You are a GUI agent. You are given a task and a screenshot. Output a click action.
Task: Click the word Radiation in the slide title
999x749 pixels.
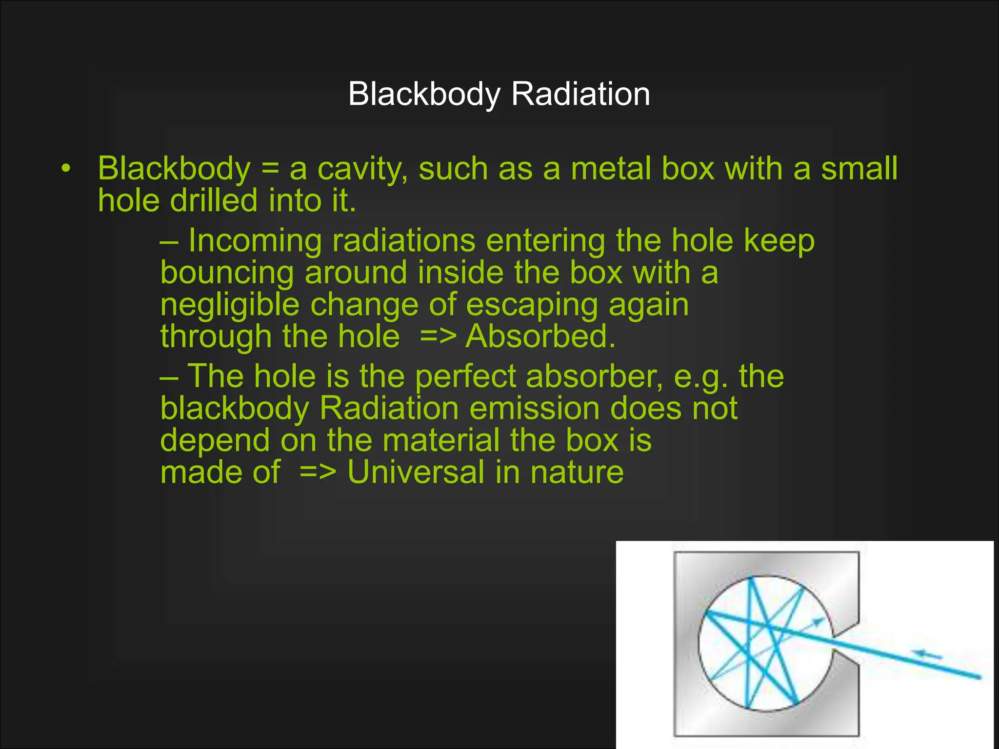(x=580, y=94)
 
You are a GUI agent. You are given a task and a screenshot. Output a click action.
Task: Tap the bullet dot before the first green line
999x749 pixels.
(x=66, y=169)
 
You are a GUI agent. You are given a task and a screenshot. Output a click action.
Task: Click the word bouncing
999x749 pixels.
(x=227, y=272)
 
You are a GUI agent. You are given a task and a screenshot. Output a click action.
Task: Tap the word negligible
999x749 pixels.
(x=229, y=305)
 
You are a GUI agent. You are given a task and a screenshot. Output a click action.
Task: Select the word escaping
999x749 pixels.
(x=532, y=305)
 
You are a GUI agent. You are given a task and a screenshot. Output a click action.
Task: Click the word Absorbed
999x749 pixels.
(x=540, y=336)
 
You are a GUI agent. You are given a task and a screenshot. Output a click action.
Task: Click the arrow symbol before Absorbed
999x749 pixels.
(x=438, y=336)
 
